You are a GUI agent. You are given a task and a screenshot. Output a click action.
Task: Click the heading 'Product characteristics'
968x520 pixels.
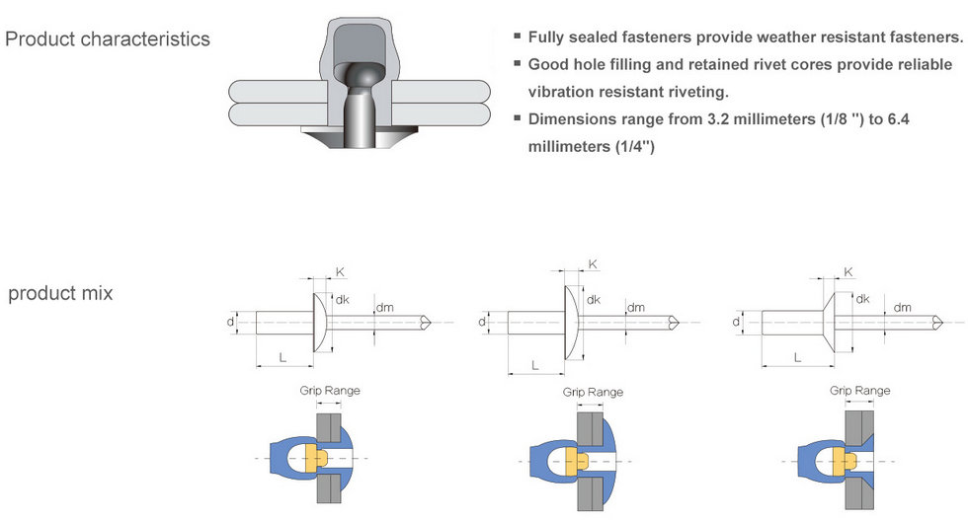(108, 39)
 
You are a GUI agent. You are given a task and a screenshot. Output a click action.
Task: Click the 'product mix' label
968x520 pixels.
(60, 293)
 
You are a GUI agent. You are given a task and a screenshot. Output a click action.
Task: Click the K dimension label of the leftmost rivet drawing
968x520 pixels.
(340, 271)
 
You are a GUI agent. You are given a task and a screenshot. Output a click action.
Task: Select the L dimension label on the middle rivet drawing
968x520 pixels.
(534, 365)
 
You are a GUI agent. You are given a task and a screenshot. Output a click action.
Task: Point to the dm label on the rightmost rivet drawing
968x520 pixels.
(903, 307)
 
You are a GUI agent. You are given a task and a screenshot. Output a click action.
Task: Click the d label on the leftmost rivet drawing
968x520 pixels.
(230, 321)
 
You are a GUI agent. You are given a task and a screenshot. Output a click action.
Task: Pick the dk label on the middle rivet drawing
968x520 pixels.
(594, 300)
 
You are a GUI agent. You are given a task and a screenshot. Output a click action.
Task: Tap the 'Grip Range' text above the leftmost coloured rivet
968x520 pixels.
(330, 391)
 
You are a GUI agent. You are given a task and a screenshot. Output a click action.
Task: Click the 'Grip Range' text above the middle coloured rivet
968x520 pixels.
(593, 392)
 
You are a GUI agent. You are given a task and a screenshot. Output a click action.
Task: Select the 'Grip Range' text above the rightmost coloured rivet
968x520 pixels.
(859, 391)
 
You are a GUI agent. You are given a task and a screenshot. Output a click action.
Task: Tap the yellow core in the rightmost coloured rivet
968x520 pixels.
(843, 459)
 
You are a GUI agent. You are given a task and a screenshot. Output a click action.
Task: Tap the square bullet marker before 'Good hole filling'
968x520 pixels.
(517, 64)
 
